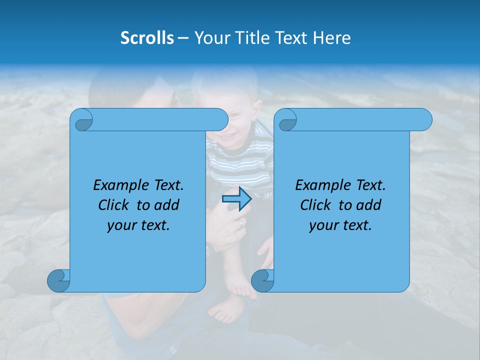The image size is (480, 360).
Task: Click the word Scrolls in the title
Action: pos(147,38)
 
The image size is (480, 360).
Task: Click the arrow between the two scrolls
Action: pos(236,199)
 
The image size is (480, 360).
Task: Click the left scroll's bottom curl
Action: pos(59,280)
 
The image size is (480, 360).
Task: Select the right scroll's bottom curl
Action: pos(262,280)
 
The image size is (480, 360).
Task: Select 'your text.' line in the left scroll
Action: pos(138,225)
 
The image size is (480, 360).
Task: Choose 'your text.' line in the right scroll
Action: pos(340,225)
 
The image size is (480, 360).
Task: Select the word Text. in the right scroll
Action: pos(370,185)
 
